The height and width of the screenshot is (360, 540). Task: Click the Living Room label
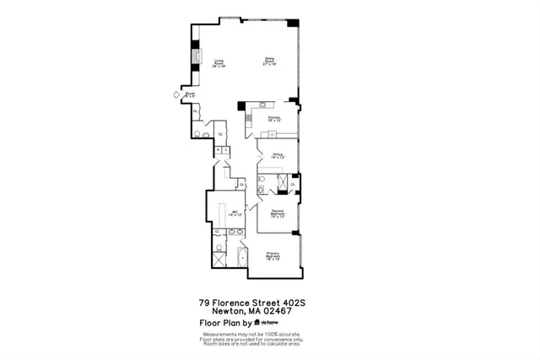[x=219, y=62]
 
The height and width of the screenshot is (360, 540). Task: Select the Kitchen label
[x=273, y=120]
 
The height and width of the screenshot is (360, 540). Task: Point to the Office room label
[x=278, y=156]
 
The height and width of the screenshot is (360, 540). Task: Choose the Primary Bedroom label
[x=273, y=257]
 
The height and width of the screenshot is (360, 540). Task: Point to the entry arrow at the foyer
[x=176, y=95]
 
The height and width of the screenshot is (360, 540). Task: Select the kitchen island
[x=264, y=132]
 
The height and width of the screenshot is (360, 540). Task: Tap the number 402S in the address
[x=305, y=303]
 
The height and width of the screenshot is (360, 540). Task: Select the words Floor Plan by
[x=224, y=323]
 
